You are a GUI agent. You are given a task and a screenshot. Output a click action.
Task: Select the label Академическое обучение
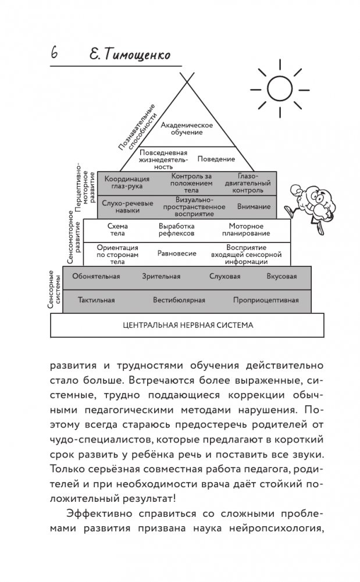coord(187,128)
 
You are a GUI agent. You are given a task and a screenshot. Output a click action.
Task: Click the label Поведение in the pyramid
coord(216,159)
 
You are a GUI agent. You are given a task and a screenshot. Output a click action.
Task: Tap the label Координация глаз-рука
coord(127,182)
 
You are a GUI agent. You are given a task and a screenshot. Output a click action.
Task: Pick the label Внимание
coord(254,206)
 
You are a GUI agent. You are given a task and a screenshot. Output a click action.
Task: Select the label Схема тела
coord(117,230)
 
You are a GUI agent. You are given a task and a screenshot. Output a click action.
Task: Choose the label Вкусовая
coord(281,276)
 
